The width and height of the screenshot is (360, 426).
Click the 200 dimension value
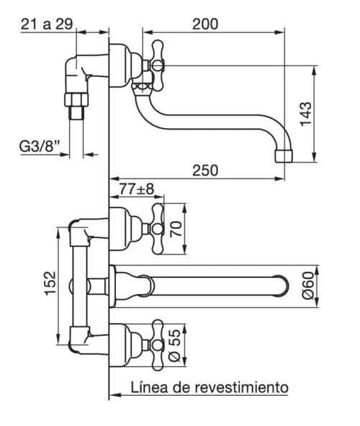point(205,24)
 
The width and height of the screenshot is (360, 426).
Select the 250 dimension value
point(205,171)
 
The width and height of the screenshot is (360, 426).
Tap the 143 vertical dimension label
point(306,114)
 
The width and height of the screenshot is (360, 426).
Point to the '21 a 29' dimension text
point(47,24)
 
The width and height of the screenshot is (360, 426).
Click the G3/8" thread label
point(40,146)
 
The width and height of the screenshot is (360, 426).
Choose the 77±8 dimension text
point(137,189)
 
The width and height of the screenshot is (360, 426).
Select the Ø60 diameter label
point(308,286)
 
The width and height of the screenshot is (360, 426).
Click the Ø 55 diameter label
point(174,345)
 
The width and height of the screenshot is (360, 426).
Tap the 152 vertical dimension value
point(50,283)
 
